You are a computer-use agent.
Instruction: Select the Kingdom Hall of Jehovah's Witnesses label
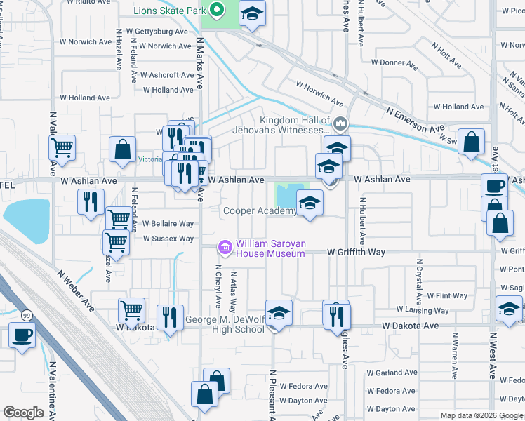coord(295,125)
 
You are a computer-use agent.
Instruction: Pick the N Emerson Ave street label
coord(416,121)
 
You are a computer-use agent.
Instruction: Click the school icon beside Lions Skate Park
coord(251,13)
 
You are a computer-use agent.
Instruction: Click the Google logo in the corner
coord(23,413)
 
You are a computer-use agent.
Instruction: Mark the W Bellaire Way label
coord(168,223)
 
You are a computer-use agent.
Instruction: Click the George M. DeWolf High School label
coord(225,325)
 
